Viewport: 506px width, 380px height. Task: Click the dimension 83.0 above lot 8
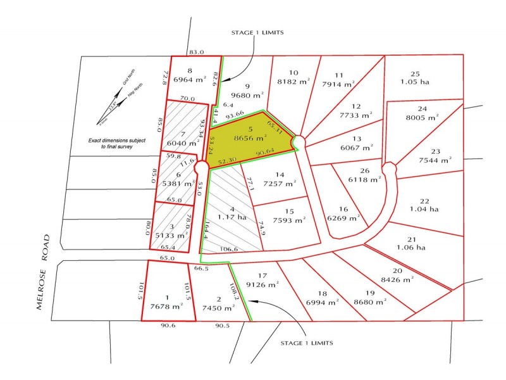click(196, 52)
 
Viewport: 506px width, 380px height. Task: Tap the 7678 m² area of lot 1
click(166, 306)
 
